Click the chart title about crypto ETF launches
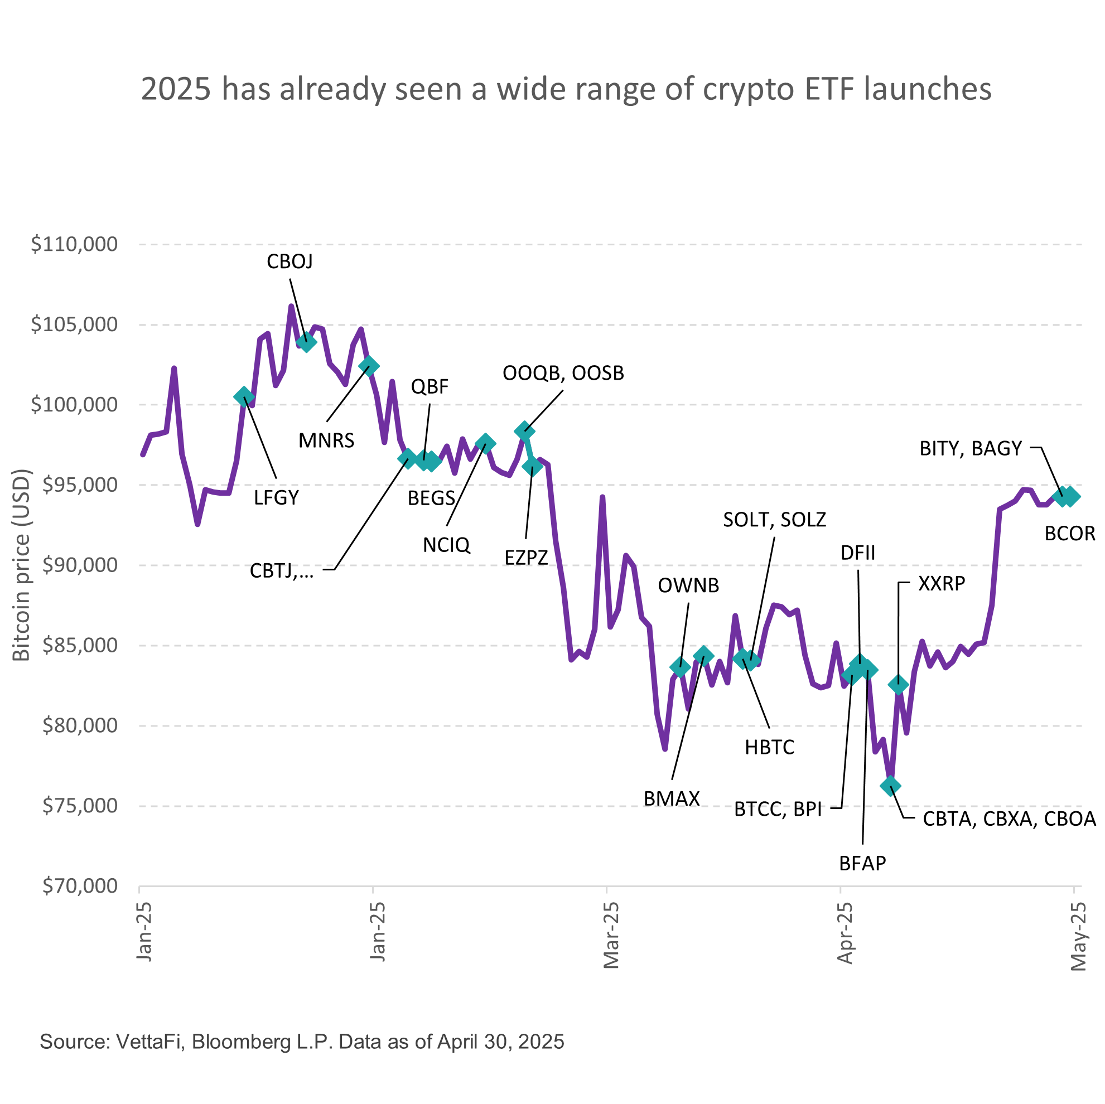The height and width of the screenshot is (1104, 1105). tap(566, 89)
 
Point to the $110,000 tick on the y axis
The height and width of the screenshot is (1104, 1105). tap(74, 244)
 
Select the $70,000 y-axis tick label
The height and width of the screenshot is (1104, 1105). tap(80, 886)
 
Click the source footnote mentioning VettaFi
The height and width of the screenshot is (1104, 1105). tap(302, 1041)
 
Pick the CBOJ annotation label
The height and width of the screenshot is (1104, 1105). tap(289, 262)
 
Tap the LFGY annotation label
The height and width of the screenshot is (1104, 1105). tap(276, 498)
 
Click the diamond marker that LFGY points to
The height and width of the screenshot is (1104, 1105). tap(244, 396)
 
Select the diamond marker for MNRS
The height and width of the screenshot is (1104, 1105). tap(368, 366)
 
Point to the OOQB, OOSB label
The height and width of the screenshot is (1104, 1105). tap(563, 374)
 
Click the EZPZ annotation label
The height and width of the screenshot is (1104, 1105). tap(526, 558)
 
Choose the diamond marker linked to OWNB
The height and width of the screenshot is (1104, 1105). tap(679, 667)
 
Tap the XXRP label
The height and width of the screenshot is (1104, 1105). tap(942, 583)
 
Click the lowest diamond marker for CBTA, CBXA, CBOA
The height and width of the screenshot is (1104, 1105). tap(890, 786)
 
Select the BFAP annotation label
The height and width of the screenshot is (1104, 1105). tap(862, 863)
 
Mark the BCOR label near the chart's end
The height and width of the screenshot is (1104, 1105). tap(1069, 534)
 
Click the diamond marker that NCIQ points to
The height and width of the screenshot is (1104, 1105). tap(485, 443)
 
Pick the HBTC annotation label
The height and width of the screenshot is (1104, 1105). tap(769, 747)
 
